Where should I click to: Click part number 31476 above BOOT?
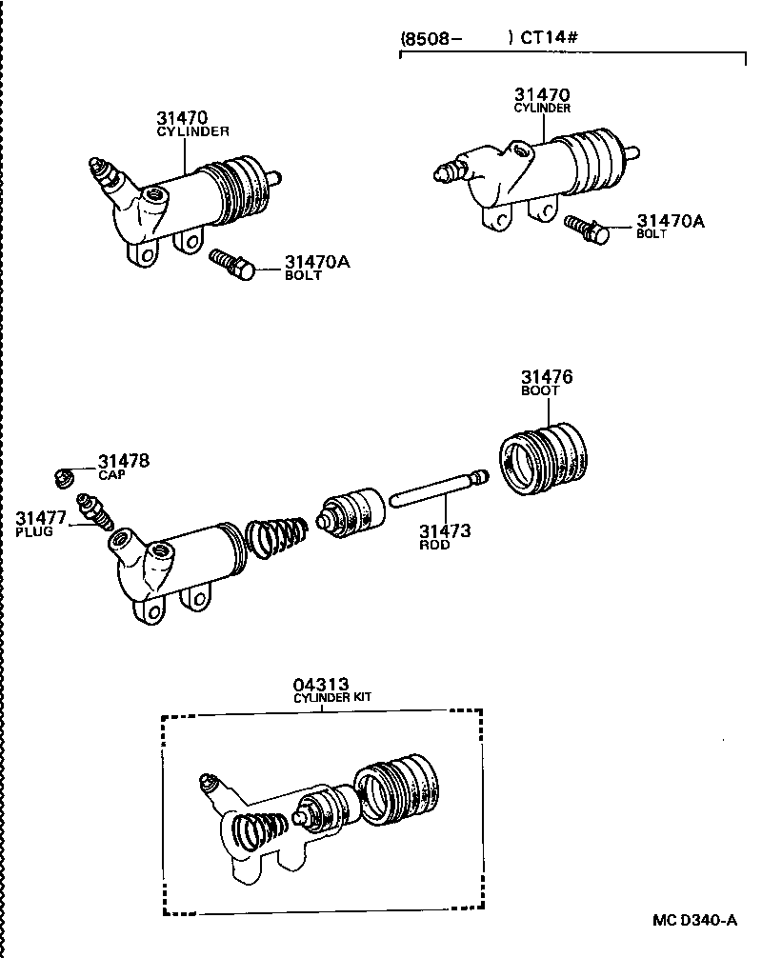click(x=546, y=378)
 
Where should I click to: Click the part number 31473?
click(x=444, y=531)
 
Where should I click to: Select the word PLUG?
click(x=33, y=530)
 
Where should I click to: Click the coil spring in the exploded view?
click(x=277, y=541)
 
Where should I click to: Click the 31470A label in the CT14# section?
click(x=670, y=221)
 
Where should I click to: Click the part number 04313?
click(x=320, y=684)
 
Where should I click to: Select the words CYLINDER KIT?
click(x=331, y=697)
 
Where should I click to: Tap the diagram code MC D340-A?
click(x=694, y=920)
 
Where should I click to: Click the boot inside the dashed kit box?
click(x=400, y=788)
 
